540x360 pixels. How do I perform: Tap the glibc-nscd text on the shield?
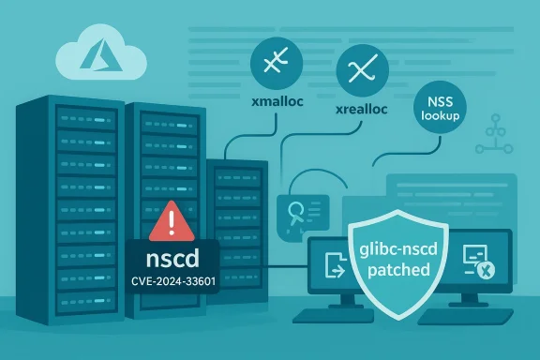click(395, 247)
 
